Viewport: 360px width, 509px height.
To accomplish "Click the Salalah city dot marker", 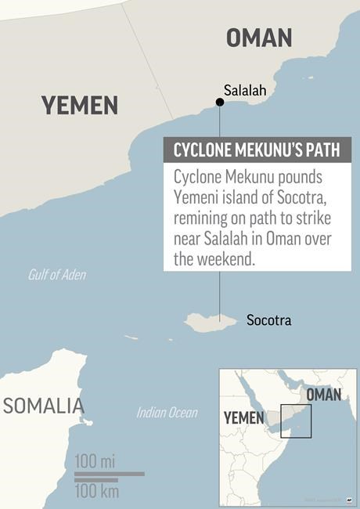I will pos(220,102).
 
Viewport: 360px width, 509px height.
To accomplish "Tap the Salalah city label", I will pos(245,91).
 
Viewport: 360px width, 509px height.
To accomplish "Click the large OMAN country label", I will pos(258,37).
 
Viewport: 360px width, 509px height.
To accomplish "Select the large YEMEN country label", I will pos(80,105).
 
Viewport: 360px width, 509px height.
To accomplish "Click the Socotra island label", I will pos(268,320).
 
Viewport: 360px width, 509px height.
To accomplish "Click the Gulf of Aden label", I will pos(57,275).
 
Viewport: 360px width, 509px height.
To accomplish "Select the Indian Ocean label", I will pos(167,412).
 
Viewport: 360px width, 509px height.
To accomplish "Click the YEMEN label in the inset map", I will pos(244,417).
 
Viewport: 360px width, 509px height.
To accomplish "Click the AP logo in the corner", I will pos(348,499).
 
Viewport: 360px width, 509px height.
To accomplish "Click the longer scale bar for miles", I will pos(110,473).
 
